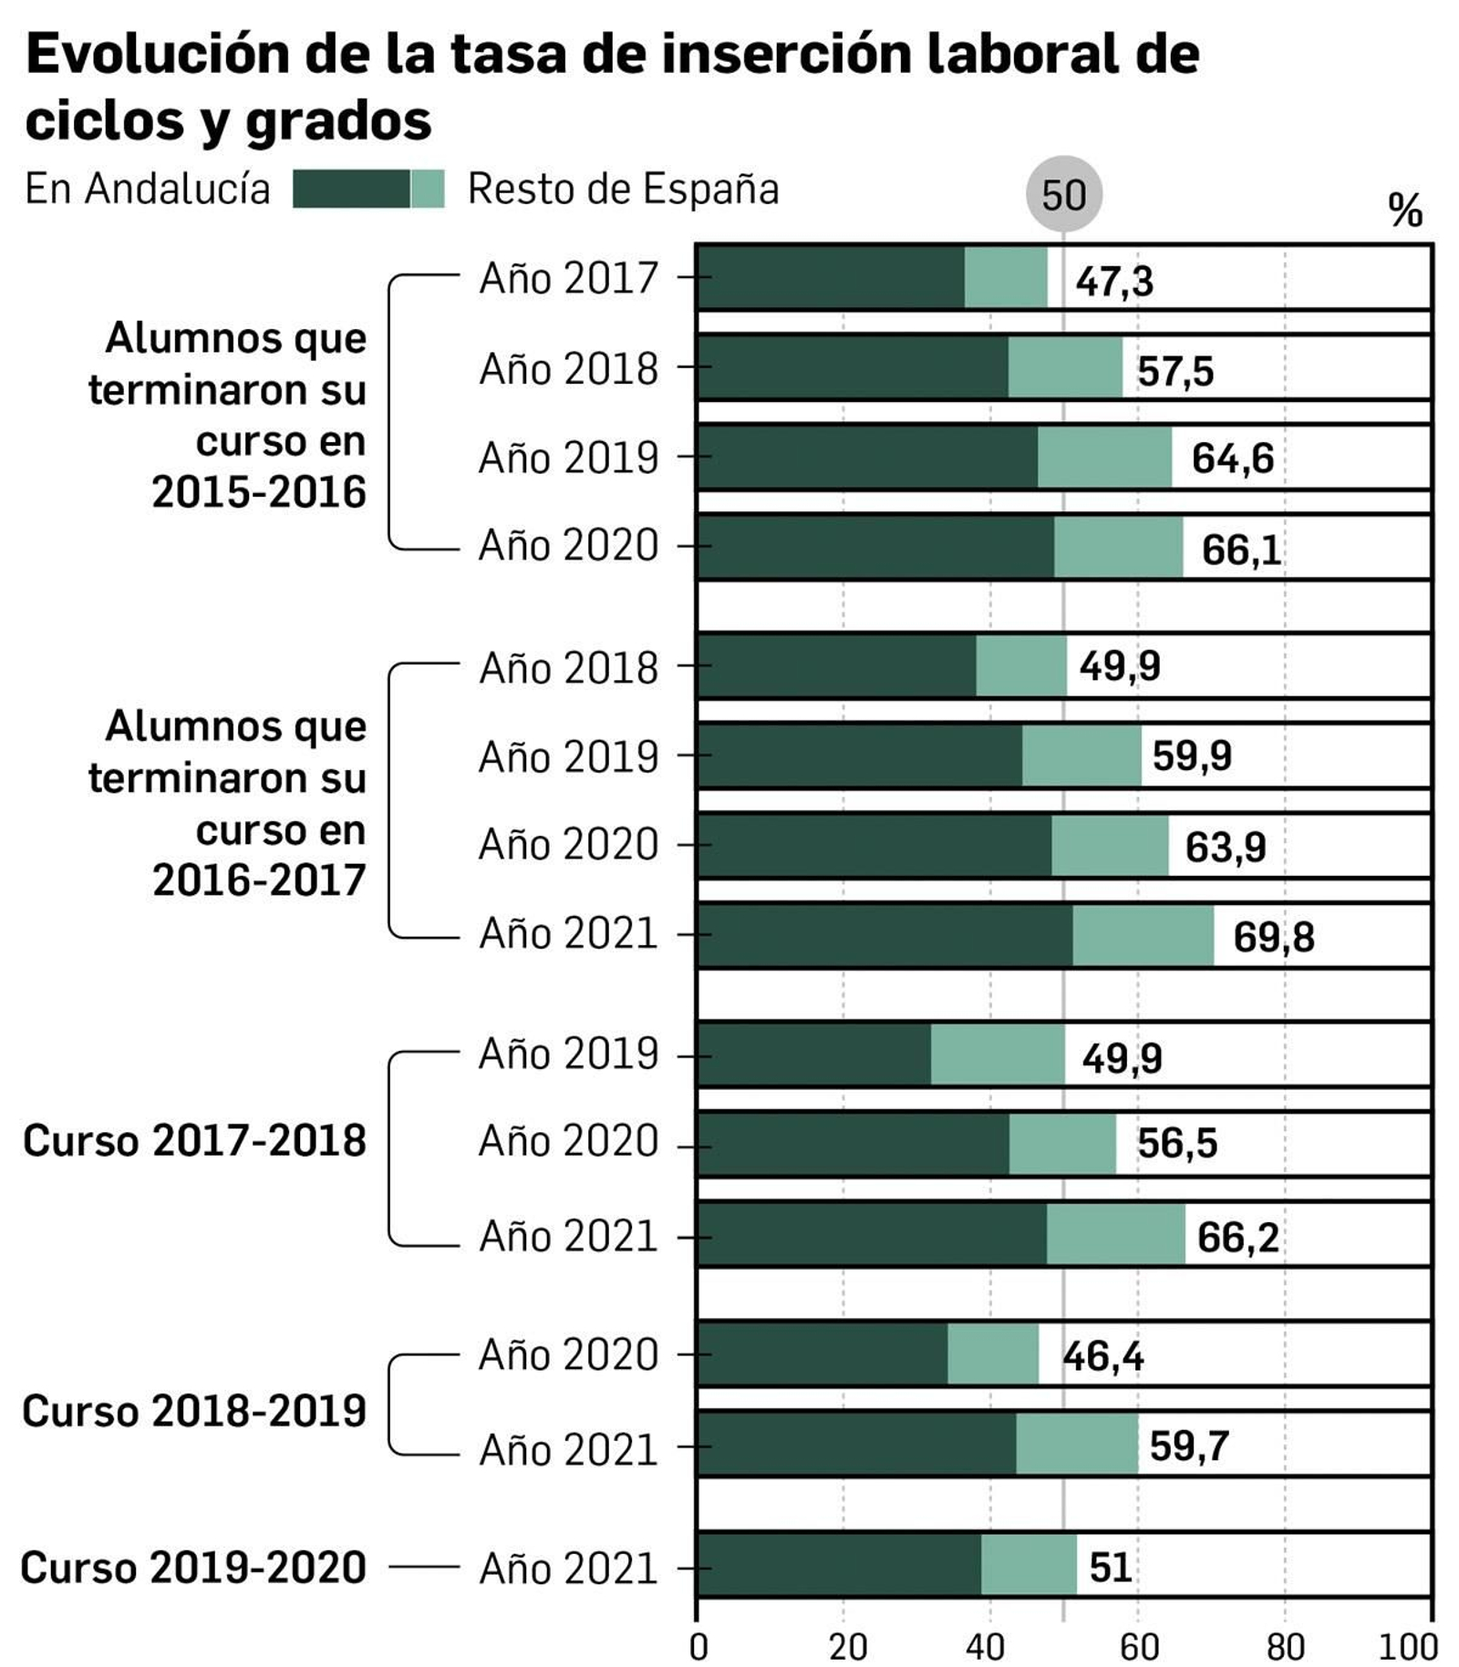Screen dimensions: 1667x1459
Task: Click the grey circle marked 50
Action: (x=1063, y=194)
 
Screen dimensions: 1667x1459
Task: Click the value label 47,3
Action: (x=1113, y=281)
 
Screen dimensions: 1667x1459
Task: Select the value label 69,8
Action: (x=1273, y=937)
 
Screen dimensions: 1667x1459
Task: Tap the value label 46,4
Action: (x=1102, y=1356)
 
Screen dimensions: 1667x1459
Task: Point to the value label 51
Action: (x=1110, y=1567)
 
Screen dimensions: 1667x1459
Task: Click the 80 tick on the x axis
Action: (x=1285, y=1645)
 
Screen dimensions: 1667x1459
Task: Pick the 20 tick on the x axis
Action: (x=846, y=1645)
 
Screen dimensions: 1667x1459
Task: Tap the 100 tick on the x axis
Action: (x=1408, y=1645)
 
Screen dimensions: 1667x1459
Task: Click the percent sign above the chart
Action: (x=1404, y=211)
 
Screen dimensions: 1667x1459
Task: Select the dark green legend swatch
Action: (x=351, y=190)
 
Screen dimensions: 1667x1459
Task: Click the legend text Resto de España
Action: (x=623, y=190)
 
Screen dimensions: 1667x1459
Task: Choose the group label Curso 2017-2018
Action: (x=194, y=1140)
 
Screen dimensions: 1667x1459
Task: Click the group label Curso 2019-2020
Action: (x=193, y=1567)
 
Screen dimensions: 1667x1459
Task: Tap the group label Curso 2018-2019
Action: (x=194, y=1410)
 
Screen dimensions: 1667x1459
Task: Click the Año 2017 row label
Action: (x=567, y=278)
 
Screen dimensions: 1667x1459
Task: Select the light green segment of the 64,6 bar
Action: (x=1104, y=458)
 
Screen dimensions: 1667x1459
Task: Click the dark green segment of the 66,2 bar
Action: (x=871, y=1234)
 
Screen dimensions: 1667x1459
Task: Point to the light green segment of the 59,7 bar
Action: (x=1077, y=1444)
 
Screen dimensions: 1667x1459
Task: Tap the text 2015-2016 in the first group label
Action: (x=259, y=492)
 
